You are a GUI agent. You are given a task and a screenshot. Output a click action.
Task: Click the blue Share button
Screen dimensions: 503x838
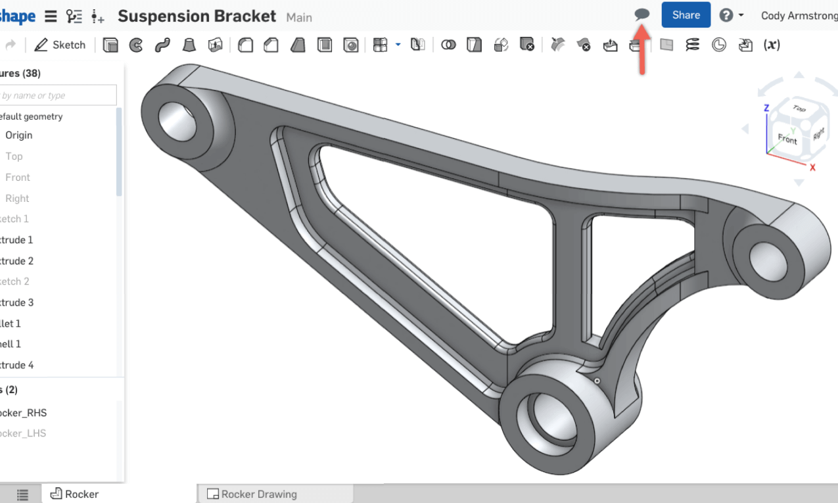tap(686, 15)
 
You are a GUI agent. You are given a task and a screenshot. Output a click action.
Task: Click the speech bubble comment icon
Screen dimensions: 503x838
tap(641, 14)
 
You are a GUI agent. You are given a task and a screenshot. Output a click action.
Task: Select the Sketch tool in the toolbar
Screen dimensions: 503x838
tap(60, 45)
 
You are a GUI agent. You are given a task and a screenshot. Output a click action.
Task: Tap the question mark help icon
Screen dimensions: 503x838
tap(726, 15)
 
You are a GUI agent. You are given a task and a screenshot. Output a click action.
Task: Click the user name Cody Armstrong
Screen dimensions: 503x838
tap(799, 15)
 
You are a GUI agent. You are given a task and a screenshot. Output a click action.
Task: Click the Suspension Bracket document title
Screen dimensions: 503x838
tap(197, 16)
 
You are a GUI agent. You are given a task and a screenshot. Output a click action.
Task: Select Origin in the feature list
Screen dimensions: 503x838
tap(19, 135)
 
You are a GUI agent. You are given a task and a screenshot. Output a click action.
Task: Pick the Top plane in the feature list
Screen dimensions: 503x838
tap(14, 156)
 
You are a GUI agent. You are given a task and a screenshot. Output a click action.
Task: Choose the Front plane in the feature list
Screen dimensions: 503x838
tap(18, 177)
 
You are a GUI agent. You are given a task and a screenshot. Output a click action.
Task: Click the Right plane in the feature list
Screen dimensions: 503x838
tap(17, 198)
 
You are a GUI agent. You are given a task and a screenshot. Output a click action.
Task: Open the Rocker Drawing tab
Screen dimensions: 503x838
tap(259, 494)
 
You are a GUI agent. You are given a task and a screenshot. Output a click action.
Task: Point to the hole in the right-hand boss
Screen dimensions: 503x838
tap(762, 253)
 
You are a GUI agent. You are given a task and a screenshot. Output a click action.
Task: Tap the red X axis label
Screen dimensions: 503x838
tap(812, 167)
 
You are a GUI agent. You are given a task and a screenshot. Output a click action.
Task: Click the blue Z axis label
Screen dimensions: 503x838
tap(766, 108)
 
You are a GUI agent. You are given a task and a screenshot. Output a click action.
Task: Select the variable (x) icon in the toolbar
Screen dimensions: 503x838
tap(772, 45)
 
